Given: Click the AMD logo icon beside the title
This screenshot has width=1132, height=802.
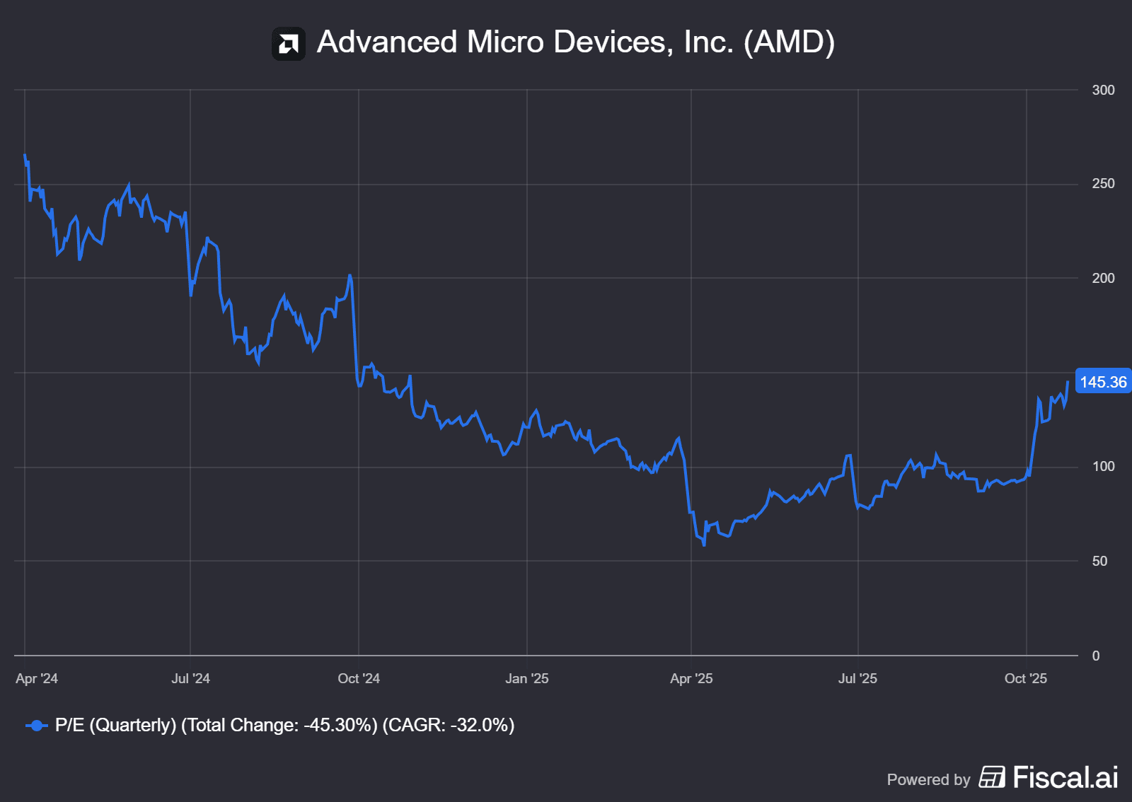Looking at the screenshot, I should (x=289, y=44).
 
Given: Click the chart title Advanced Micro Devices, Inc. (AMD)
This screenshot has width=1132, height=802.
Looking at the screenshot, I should (x=575, y=42).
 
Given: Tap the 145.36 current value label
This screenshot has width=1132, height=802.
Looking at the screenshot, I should (x=1102, y=382).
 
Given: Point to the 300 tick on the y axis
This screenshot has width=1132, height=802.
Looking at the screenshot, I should (x=1103, y=90).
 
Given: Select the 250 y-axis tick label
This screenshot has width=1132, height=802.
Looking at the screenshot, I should (x=1103, y=184).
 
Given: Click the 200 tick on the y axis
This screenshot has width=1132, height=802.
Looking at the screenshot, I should (x=1103, y=278).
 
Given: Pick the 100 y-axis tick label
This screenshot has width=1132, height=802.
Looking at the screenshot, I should (x=1103, y=467).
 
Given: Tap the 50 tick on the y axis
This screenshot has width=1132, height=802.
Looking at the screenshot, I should (x=1099, y=561).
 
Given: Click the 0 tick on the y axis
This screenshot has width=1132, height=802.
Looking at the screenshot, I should (x=1096, y=656).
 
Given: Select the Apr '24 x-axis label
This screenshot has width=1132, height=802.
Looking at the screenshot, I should (x=37, y=679).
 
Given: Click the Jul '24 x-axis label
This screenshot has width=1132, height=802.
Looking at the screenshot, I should (x=190, y=679).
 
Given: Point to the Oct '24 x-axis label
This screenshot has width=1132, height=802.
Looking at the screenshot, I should (x=359, y=679).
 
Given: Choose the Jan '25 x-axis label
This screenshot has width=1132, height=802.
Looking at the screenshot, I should (x=527, y=679).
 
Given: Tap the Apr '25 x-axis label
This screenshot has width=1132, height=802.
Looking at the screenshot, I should (x=691, y=679).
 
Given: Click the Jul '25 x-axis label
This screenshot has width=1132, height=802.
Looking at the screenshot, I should (x=857, y=679).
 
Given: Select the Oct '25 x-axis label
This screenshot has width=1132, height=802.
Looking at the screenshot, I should (x=1026, y=679).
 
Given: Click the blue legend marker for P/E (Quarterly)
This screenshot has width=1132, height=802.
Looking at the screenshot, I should (x=36, y=726).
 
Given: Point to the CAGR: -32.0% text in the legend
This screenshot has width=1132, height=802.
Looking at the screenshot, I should (x=449, y=726).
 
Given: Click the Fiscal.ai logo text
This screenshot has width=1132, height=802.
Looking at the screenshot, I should (x=1065, y=777).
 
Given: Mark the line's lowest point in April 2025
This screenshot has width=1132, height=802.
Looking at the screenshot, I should (x=704, y=545).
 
